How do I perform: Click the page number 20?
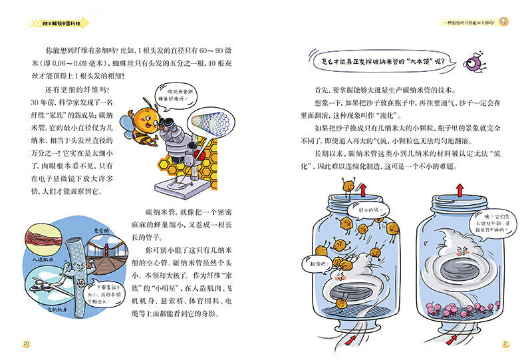(26, 343)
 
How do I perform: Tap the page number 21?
(505, 343)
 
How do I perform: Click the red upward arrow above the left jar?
(364, 191)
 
